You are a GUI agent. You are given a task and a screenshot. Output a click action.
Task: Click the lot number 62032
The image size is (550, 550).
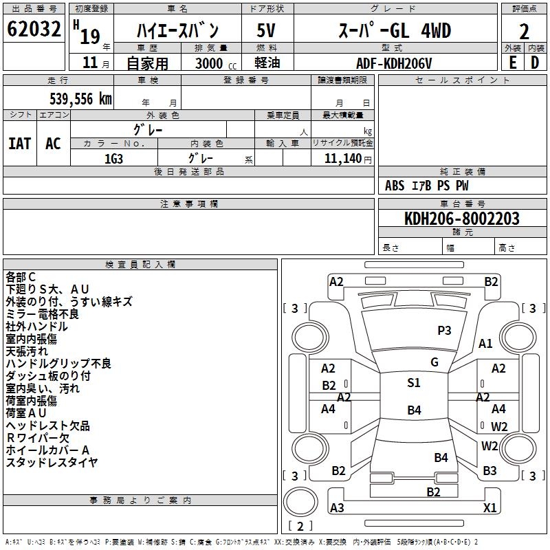pyautogui.click(x=34, y=30)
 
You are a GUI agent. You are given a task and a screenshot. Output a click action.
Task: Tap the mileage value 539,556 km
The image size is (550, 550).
pyautogui.click(x=80, y=99)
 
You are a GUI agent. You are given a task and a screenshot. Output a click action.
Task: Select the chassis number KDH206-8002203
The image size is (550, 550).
pyautogui.click(x=461, y=219)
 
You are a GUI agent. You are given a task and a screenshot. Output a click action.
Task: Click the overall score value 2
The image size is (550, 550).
pyautogui.click(x=524, y=31)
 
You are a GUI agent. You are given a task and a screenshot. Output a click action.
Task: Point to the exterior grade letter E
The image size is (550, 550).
pyautogui.click(x=512, y=62)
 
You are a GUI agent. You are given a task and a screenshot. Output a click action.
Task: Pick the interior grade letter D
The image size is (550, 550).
pyautogui.click(x=535, y=62)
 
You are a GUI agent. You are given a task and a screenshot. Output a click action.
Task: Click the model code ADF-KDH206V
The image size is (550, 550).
pyautogui.click(x=393, y=63)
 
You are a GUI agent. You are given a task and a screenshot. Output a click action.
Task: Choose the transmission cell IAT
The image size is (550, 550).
pyautogui.click(x=19, y=144)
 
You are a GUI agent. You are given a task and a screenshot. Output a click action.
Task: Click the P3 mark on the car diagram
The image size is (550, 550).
pyautogui.click(x=444, y=331)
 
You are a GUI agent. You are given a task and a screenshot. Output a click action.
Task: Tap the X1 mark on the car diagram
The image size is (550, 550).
pyautogui.click(x=490, y=508)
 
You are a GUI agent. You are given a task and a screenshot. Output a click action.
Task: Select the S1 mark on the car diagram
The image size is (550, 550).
pyautogui.click(x=413, y=383)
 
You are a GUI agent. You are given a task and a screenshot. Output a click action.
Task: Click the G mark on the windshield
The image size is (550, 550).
pyautogui.click(x=434, y=362)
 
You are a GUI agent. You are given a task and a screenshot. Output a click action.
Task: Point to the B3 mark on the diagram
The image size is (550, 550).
pyautogui.click(x=489, y=471)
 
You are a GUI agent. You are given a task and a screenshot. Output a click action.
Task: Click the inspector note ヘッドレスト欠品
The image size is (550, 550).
pyautogui.click(x=47, y=426)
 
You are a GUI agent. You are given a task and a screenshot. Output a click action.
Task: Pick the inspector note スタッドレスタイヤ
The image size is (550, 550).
pyautogui.click(x=52, y=463)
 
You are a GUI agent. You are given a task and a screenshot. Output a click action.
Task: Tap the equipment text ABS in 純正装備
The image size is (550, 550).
pyautogui.click(x=395, y=186)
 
